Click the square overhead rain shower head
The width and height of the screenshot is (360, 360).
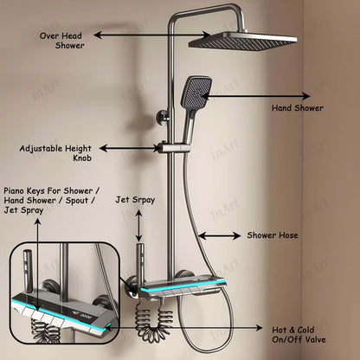point(242,42)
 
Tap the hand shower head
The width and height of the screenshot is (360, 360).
point(196,93)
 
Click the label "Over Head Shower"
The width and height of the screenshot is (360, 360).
point(61,41)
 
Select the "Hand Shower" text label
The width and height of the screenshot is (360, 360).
point(298,108)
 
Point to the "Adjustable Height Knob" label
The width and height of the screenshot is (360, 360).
point(55,153)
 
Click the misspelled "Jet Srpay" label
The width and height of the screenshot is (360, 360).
point(135,200)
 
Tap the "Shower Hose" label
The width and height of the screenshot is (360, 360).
point(273,235)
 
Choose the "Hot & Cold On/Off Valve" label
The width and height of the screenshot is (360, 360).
point(299,335)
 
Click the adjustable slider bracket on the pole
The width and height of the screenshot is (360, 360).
point(175,148)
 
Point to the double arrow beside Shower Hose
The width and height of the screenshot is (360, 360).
point(220,235)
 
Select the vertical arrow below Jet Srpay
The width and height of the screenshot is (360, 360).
point(139,226)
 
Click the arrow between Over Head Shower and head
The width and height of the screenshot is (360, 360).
point(152,35)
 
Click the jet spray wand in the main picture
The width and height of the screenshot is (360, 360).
point(140,265)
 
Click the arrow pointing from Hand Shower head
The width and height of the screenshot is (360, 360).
point(256,96)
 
